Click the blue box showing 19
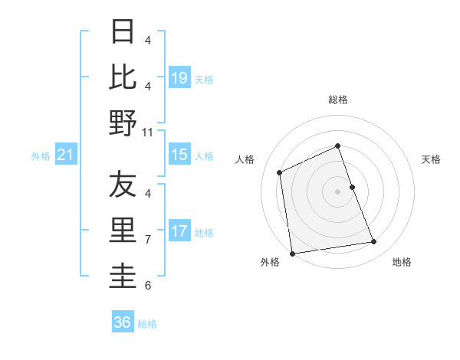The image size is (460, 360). (x=179, y=77)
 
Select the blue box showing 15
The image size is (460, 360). (x=179, y=155)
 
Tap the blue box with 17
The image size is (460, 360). (x=179, y=231)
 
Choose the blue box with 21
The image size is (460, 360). (x=65, y=155)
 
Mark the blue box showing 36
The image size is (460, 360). (x=123, y=322)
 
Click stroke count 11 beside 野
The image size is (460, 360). (x=149, y=132)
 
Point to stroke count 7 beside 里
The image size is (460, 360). (x=148, y=239)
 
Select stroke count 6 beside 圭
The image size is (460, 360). (x=148, y=286)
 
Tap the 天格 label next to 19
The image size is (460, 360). (x=204, y=79)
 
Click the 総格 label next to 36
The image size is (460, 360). (x=147, y=324)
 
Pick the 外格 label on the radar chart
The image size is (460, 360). (x=270, y=262)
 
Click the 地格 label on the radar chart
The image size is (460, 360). (x=402, y=262)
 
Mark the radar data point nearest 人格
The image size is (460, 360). (x=280, y=172)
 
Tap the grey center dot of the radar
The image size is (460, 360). (x=337, y=191)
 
